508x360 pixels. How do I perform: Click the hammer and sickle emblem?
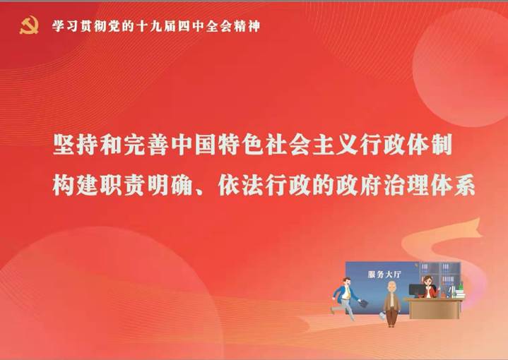(x=29, y=25)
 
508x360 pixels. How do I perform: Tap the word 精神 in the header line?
(x=247, y=26)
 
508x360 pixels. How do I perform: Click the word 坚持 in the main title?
(x=76, y=144)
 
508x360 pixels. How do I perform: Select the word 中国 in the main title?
(x=194, y=144)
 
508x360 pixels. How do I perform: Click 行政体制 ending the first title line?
(x=407, y=144)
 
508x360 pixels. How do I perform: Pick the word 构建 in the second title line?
(x=76, y=186)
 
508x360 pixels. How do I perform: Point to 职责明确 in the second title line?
(x=147, y=186)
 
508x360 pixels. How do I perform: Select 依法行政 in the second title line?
(x=266, y=186)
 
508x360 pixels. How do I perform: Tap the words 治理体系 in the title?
(x=429, y=186)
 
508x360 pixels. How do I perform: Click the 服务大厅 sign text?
(x=384, y=275)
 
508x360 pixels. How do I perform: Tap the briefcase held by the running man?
(x=364, y=304)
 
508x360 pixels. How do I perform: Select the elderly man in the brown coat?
(x=391, y=304)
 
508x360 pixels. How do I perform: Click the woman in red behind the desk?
(x=429, y=287)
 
